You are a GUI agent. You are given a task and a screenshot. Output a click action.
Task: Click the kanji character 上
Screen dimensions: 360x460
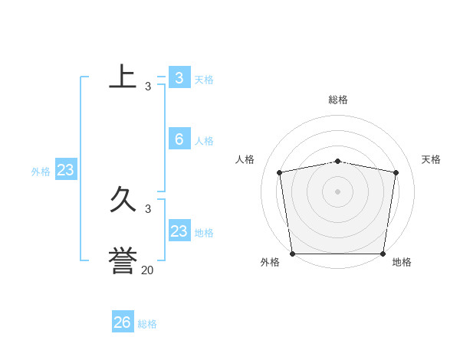pyautogui.click(x=123, y=77)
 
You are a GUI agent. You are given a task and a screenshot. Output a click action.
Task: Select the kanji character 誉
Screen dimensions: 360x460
pyautogui.click(x=123, y=260)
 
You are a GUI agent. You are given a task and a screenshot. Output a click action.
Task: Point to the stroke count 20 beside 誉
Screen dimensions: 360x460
pyautogui.click(x=147, y=270)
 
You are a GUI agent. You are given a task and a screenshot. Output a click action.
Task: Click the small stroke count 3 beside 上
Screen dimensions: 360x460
pyautogui.click(x=148, y=87)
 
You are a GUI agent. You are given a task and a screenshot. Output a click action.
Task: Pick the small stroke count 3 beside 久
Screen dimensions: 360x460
pyautogui.click(x=148, y=208)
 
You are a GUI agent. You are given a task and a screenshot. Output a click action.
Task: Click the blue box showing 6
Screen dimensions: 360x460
pyautogui.click(x=179, y=139)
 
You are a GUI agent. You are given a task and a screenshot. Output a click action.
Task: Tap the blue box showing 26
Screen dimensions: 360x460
pyautogui.click(x=123, y=322)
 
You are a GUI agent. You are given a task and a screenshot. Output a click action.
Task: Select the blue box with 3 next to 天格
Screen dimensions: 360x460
pyautogui.click(x=179, y=77)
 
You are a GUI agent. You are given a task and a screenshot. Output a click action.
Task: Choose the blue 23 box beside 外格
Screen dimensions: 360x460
pyautogui.click(x=65, y=170)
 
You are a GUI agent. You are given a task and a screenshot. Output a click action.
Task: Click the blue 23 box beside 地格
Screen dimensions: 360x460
pyautogui.click(x=179, y=231)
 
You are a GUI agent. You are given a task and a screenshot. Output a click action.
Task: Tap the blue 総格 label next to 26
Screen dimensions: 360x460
pyautogui.click(x=147, y=324)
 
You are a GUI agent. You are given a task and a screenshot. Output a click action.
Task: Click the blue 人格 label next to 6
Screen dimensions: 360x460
pyautogui.click(x=204, y=141)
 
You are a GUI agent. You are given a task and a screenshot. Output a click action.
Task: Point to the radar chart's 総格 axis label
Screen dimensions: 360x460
pyautogui.click(x=338, y=100)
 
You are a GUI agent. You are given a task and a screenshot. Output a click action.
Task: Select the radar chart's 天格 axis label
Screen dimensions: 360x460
pyautogui.click(x=432, y=159)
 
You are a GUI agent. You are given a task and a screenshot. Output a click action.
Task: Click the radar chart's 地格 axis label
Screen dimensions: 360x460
pyautogui.click(x=402, y=262)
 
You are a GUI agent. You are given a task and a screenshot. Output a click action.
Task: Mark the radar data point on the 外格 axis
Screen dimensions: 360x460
pyautogui.click(x=292, y=254)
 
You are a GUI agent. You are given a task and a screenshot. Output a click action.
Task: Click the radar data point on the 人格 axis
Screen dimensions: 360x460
pyautogui.click(x=280, y=172)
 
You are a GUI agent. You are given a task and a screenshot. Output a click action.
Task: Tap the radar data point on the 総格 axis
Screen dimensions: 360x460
pyautogui.click(x=338, y=161)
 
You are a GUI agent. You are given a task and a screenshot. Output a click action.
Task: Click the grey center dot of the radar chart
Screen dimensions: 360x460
pyautogui.click(x=338, y=191)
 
